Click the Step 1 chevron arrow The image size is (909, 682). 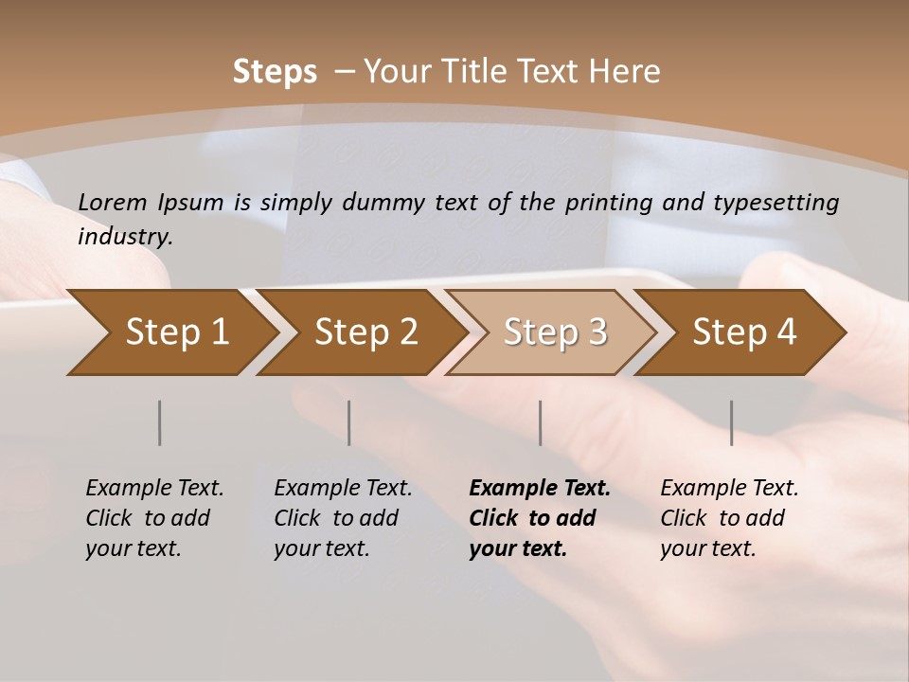pyautogui.click(x=170, y=332)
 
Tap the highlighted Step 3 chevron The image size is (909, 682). pyautogui.click(x=552, y=332)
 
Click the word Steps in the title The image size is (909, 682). pyautogui.click(x=275, y=72)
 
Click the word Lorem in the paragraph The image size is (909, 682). pyautogui.click(x=113, y=203)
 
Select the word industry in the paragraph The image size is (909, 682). pyautogui.click(x=124, y=237)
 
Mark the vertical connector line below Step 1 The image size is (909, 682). pyautogui.click(x=160, y=422)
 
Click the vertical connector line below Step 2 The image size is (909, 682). pyautogui.click(x=349, y=422)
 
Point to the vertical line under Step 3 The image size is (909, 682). pyautogui.click(x=541, y=422)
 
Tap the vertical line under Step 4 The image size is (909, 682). pyautogui.click(x=732, y=422)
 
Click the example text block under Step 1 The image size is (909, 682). pyautogui.click(x=154, y=518)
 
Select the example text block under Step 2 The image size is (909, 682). pyautogui.click(x=343, y=518)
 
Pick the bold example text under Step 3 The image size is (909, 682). pyautogui.click(x=539, y=518)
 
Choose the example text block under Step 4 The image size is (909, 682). pyautogui.click(x=729, y=518)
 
